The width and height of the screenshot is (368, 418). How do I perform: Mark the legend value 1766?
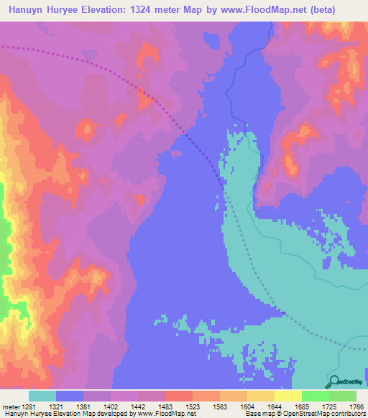click(x=356, y=406)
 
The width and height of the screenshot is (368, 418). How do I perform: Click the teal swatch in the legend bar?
click(x=42, y=396)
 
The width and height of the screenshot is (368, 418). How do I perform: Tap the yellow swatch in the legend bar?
click(x=287, y=396)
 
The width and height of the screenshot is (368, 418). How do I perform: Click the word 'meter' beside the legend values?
click(x=10, y=406)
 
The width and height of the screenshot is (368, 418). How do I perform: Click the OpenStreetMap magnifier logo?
click(x=334, y=382)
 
